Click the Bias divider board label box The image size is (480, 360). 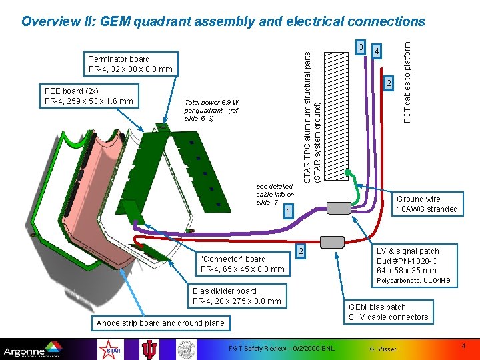[237, 295]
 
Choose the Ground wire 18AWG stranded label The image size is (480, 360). [427, 204]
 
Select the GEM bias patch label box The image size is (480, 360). [388, 312]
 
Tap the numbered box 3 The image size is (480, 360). [361, 47]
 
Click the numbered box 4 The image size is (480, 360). [377, 51]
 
